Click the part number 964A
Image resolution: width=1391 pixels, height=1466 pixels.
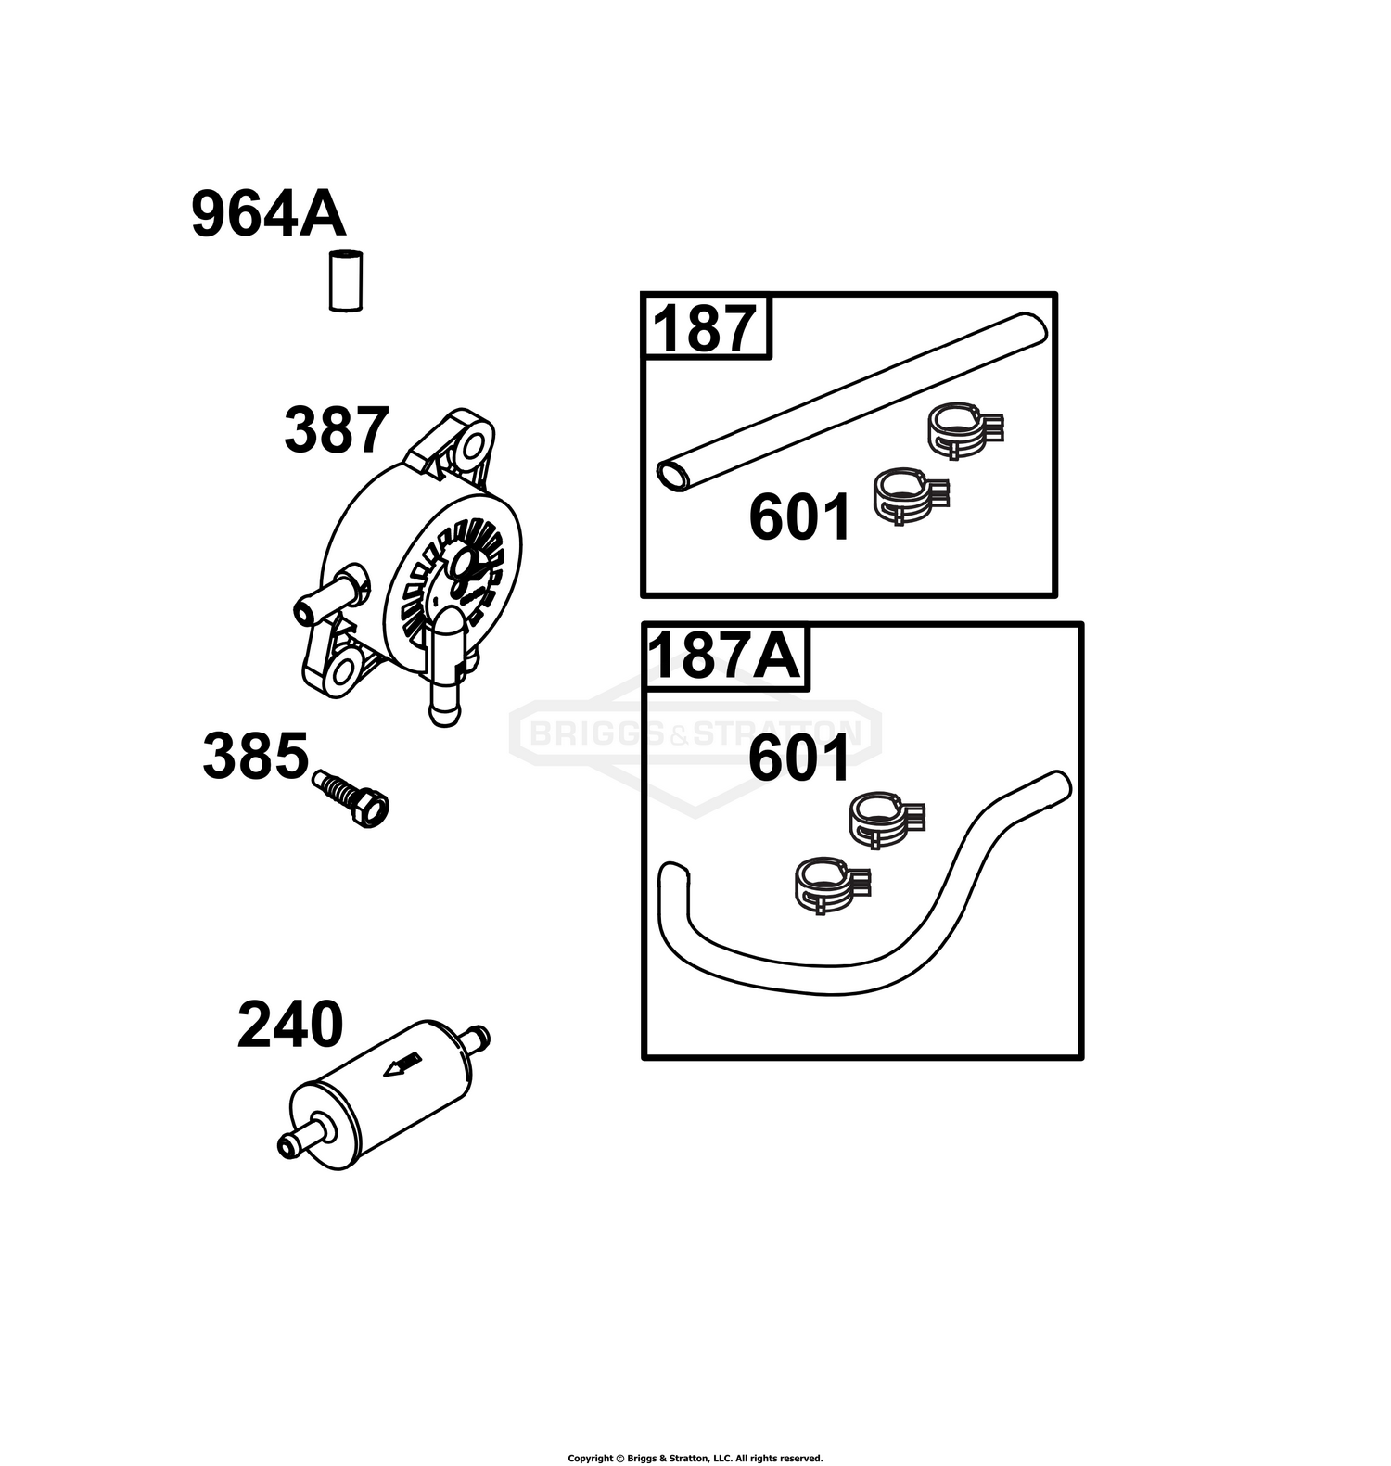pyautogui.click(x=269, y=214)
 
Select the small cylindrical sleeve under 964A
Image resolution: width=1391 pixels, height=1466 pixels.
pyautogui.click(x=346, y=281)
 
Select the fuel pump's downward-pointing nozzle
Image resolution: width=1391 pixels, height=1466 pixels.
pyautogui.click(x=447, y=666)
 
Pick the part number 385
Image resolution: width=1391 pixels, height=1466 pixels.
pyautogui.click(x=255, y=756)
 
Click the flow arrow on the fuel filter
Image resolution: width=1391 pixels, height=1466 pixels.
pyautogui.click(x=402, y=1065)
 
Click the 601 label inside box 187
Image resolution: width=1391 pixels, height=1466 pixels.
pyautogui.click(x=799, y=517)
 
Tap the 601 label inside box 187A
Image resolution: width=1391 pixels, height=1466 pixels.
pyautogui.click(x=798, y=758)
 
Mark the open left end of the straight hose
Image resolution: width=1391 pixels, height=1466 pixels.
pyautogui.click(x=672, y=476)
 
